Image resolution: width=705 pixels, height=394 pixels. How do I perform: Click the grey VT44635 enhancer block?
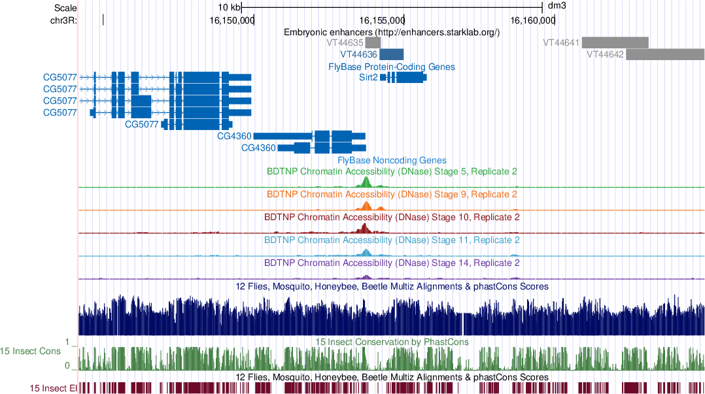pyautogui.click(x=373, y=42)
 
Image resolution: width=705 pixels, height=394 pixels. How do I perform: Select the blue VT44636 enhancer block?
pyautogui.click(x=392, y=54)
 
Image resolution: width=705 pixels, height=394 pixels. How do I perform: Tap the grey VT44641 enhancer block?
pyautogui.click(x=614, y=42)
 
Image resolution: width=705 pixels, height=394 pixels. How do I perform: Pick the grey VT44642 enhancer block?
pyautogui.click(x=664, y=54)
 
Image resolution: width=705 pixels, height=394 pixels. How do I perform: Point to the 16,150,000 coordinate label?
pyautogui.click(x=232, y=20)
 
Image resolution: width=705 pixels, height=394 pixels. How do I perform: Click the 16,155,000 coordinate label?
pyautogui.click(x=382, y=20)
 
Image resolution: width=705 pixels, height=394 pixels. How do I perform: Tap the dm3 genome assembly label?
pyautogui.click(x=556, y=6)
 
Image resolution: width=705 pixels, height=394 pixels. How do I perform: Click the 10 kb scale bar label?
pyautogui.click(x=230, y=7)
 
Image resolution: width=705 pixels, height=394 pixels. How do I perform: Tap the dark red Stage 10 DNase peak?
pyautogui.click(x=366, y=229)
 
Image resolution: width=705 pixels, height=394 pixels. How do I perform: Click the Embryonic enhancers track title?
pyautogui.click(x=391, y=31)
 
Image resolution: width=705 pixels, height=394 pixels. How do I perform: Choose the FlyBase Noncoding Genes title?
pyautogui.click(x=391, y=160)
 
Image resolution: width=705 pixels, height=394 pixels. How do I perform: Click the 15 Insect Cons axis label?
pyautogui.click(x=31, y=352)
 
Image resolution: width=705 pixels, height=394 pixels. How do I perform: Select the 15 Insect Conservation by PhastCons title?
pyautogui.click(x=391, y=342)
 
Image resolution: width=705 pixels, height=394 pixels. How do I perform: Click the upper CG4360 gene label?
pyautogui.click(x=234, y=136)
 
